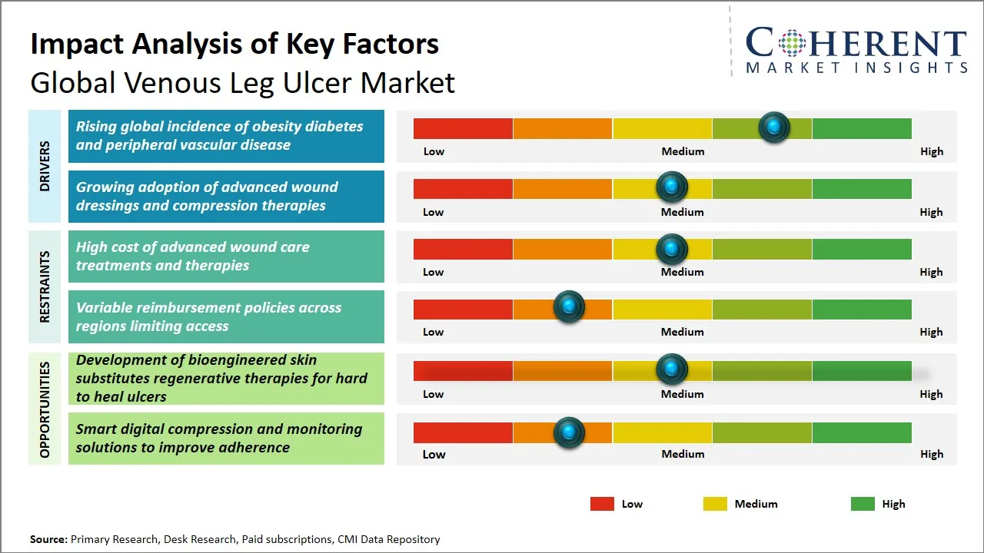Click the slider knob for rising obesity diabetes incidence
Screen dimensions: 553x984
(x=774, y=127)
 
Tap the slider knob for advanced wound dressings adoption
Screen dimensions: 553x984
(x=672, y=187)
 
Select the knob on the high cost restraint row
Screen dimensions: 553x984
(x=672, y=249)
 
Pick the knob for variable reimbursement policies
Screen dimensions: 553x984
(x=569, y=307)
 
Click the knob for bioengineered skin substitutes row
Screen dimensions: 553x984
(x=672, y=369)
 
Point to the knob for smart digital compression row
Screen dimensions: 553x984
(x=569, y=432)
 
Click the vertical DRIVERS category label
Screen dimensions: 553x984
(x=45, y=166)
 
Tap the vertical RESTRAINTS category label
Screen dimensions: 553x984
(x=45, y=286)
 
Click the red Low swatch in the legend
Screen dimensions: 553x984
(x=602, y=504)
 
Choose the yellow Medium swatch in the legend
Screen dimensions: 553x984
(x=715, y=504)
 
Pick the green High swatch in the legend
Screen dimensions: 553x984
(x=863, y=504)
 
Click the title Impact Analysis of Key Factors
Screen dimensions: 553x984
(x=234, y=44)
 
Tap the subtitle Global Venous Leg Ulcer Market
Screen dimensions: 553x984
(x=242, y=82)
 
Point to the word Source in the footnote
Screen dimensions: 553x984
(x=48, y=539)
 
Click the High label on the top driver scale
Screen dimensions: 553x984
(x=931, y=151)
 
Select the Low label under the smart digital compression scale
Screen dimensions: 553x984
(x=434, y=454)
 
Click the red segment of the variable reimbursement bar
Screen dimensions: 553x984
(x=463, y=309)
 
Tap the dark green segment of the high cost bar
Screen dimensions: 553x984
(x=861, y=249)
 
